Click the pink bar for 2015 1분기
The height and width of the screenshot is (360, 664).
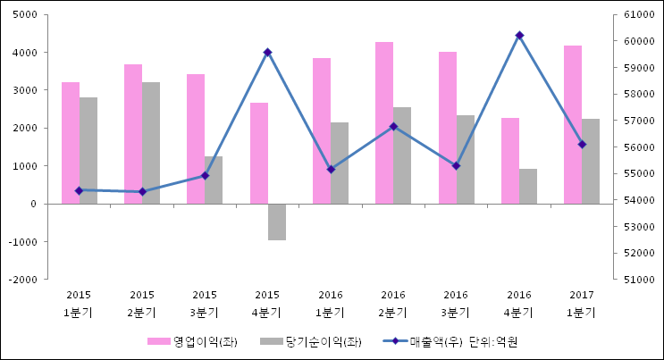(x=71, y=143)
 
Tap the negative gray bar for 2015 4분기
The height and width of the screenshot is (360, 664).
(x=277, y=222)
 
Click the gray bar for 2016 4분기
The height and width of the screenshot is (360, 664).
(x=528, y=186)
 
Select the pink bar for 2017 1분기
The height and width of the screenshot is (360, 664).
(x=573, y=124)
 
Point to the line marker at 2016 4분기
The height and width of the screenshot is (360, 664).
(x=519, y=36)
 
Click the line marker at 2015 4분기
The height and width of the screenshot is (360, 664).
(x=267, y=53)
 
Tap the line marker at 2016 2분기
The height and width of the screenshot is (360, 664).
(x=393, y=127)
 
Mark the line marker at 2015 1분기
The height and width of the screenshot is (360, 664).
(x=79, y=190)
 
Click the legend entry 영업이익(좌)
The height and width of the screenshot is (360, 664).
(x=192, y=341)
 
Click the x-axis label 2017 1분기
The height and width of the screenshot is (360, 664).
(x=582, y=304)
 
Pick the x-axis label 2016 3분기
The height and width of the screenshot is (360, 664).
(x=456, y=304)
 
